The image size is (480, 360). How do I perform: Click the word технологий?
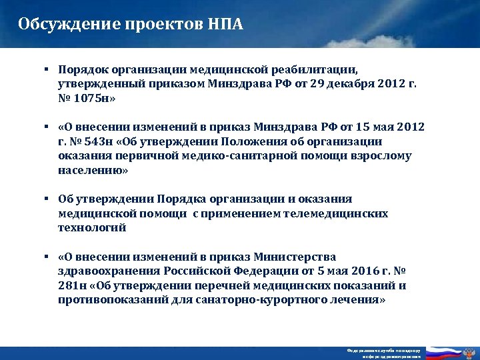(91, 228)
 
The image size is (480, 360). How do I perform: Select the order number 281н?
(71, 286)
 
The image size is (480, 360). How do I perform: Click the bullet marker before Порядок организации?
(48, 69)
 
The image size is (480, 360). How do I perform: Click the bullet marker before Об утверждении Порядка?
(48, 199)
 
